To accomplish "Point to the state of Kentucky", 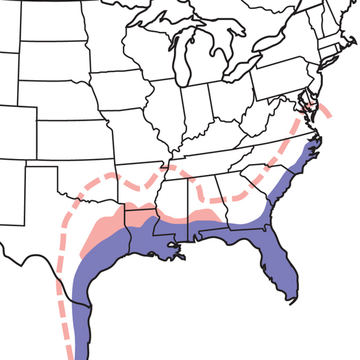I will coord(213,137).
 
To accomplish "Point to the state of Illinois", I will coord(168,110).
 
